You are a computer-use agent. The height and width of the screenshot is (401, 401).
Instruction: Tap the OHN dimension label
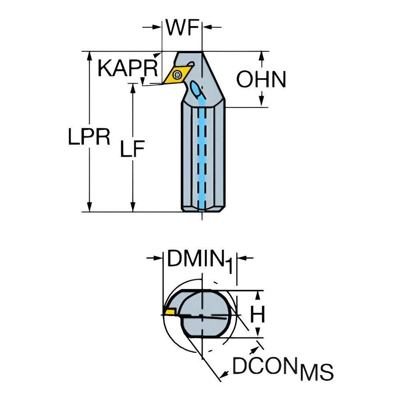(261, 79)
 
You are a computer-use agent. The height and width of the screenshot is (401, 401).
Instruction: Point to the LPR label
(89, 137)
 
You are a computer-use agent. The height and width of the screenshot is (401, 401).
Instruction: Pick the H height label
(257, 314)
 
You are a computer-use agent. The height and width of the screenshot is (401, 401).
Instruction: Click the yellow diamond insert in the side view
(176, 75)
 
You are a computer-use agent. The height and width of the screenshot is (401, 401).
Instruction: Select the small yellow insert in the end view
(170, 312)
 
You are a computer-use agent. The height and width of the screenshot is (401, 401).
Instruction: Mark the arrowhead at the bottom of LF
(132, 207)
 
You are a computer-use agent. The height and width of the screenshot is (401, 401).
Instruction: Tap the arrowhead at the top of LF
(132, 88)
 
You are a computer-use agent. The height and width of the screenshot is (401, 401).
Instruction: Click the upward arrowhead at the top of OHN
(261, 56)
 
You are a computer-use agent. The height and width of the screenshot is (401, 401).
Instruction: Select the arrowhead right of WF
(207, 27)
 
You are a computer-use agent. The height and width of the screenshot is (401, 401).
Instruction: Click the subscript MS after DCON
(317, 372)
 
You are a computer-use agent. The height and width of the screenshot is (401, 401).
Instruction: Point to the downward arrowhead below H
(257, 333)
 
